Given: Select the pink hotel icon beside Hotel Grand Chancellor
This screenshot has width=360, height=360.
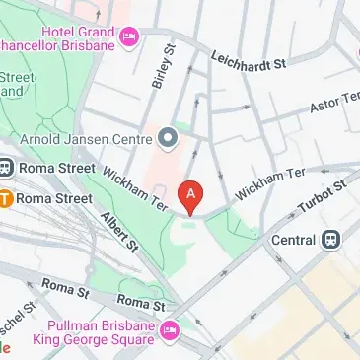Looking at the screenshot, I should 128,36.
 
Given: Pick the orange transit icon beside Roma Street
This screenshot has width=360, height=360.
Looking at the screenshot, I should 5,198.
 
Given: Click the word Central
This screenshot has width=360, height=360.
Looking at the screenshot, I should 293,240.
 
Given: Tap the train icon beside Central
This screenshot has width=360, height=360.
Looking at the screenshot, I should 331,240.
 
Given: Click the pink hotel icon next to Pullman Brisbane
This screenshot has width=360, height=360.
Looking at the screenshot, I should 169,329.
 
